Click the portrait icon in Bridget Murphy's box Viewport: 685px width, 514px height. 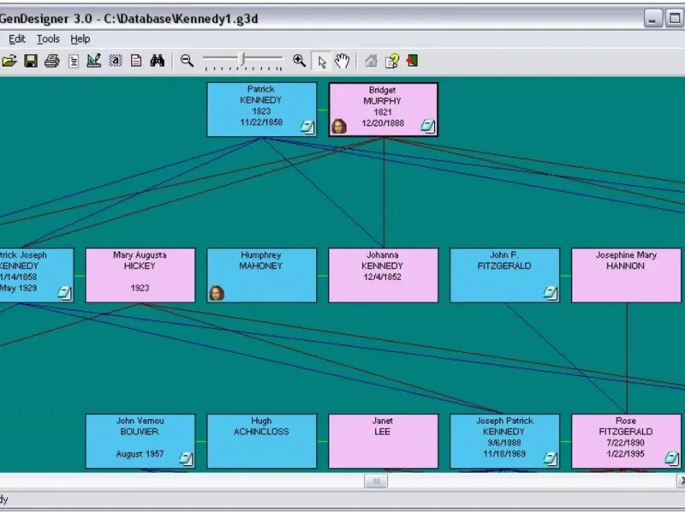340,127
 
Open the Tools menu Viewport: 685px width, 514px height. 48,39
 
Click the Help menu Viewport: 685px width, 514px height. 80,39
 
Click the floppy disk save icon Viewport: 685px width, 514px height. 31,61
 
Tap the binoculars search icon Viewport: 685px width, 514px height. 157,61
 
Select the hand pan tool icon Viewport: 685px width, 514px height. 342,61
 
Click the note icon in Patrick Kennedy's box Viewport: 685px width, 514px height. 307,127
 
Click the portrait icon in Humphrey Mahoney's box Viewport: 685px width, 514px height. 217,293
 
